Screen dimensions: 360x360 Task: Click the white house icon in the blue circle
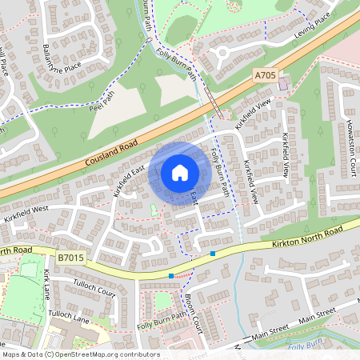180,172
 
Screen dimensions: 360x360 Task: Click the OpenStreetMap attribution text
81,354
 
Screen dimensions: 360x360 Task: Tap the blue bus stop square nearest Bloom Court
171,276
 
